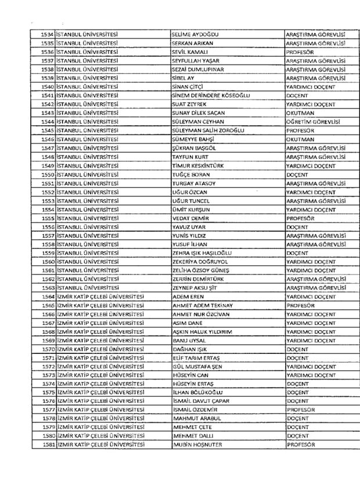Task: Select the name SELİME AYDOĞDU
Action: pyautogui.click(x=195, y=34)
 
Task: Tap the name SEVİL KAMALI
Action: pyautogui.click(x=190, y=52)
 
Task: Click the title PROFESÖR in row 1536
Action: pyautogui.click(x=300, y=52)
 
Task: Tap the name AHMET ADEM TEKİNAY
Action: pyautogui.click(x=203, y=305)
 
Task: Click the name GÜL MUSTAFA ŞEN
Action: pyautogui.click(x=197, y=366)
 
